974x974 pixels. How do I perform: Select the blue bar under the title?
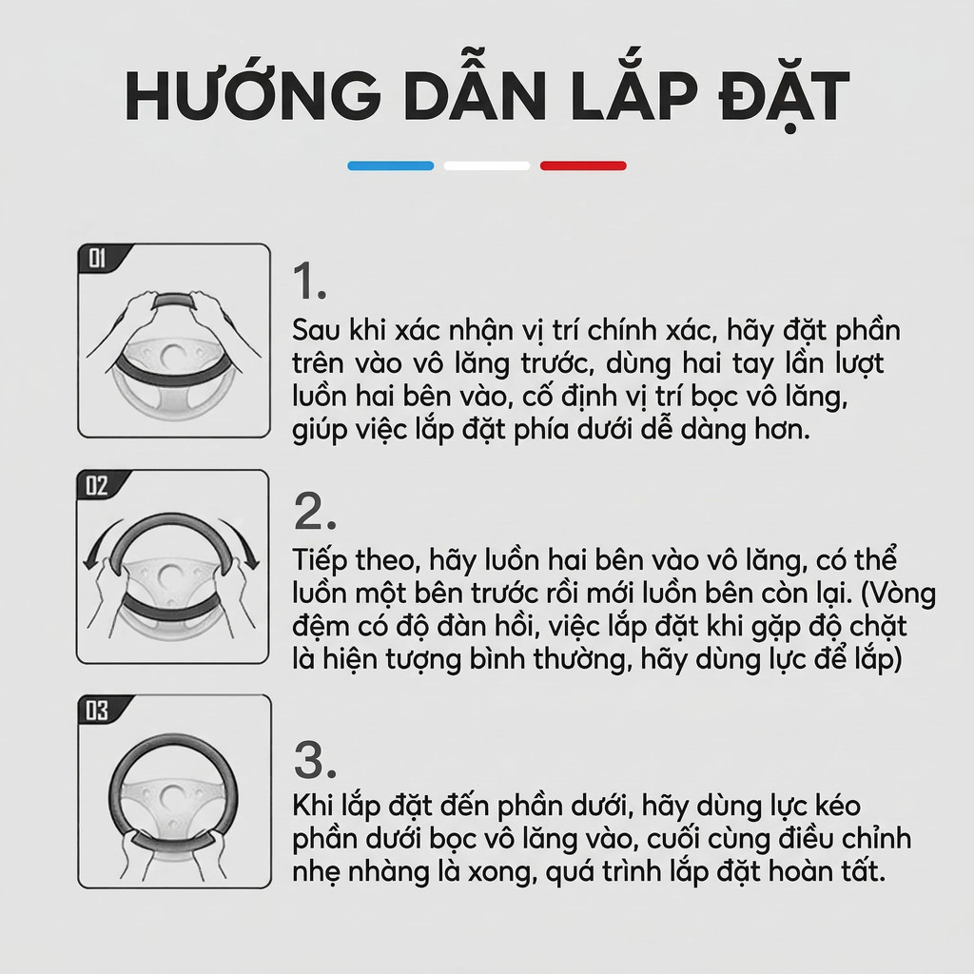coord(391,166)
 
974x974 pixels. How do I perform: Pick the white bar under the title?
coord(487,166)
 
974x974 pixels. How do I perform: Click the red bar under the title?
coord(583,166)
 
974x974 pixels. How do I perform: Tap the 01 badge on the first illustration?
coord(98,258)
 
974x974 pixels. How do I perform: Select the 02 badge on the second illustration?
coord(97,485)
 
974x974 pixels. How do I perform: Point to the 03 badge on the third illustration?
coord(98,710)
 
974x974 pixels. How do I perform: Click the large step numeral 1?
coord(310,282)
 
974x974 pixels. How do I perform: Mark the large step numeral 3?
coord(315,760)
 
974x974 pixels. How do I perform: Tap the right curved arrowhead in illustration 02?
coord(251,561)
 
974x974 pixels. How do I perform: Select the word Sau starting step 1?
coord(316,330)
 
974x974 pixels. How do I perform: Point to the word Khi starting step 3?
coord(314,806)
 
